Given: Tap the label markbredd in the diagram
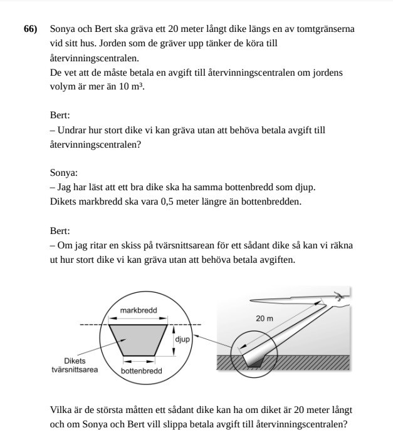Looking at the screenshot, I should point(138,310).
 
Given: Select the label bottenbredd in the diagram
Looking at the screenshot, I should point(141,370).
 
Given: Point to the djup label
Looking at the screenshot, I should point(182,339).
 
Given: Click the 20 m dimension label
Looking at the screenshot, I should point(265,318).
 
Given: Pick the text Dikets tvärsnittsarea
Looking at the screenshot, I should point(75,365).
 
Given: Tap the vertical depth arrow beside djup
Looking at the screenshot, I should point(172,340).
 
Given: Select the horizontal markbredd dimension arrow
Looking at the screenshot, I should point(138,317).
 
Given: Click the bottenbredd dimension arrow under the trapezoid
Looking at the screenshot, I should point(139,360).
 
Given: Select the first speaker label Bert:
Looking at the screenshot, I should point(60,116).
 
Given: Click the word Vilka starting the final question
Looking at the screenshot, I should point(61,410).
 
